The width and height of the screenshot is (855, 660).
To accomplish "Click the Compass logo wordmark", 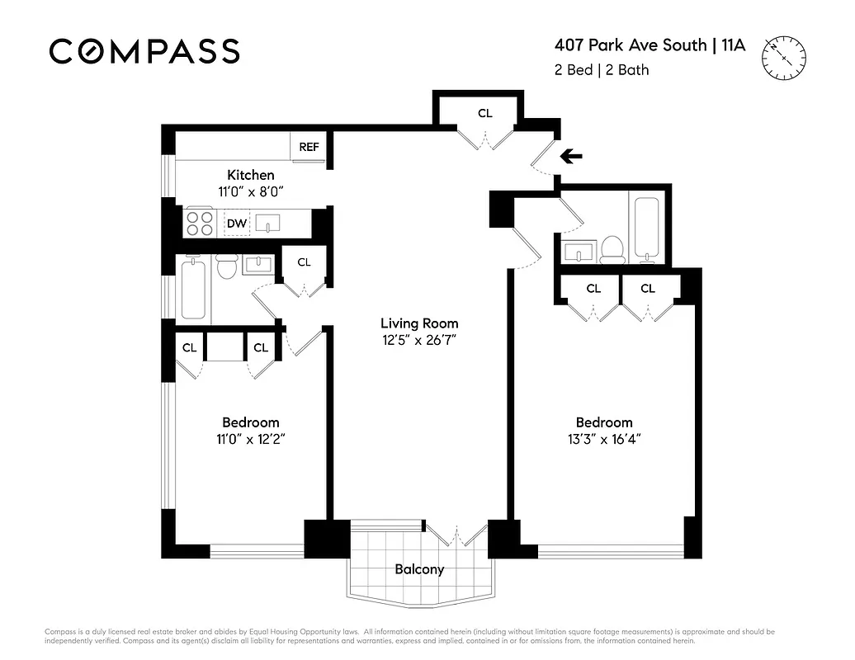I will click(x=144, y=51).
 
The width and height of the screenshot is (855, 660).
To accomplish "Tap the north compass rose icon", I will click(x=785, y=58).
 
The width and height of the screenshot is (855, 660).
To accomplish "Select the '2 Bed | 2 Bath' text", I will click(x=602, y=70).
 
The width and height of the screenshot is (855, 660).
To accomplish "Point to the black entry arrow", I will click(x=571, y=156).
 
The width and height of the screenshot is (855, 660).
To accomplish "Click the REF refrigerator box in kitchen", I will click(x=309, y=147).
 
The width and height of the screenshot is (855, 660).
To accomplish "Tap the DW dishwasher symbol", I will click(x=237, y=223).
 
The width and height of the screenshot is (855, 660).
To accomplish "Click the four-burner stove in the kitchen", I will click(x=200, y=223).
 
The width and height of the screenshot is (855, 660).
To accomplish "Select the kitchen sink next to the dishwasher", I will click(x=269, y=223).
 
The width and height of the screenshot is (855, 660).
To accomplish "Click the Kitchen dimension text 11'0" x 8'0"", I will click(x=251, y=191).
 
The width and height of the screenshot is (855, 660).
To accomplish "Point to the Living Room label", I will click(x=418, y=323).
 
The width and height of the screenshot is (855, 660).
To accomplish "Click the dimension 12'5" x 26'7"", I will click(x=418, y=339).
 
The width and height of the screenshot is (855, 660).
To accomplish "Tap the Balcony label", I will click(x=419, y=569).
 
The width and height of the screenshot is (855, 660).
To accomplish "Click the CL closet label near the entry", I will click(x=485, y=113).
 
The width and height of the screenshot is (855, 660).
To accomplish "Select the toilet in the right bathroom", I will click(x=612, y=247).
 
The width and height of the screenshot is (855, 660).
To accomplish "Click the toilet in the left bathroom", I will click(x=227, y=266).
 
